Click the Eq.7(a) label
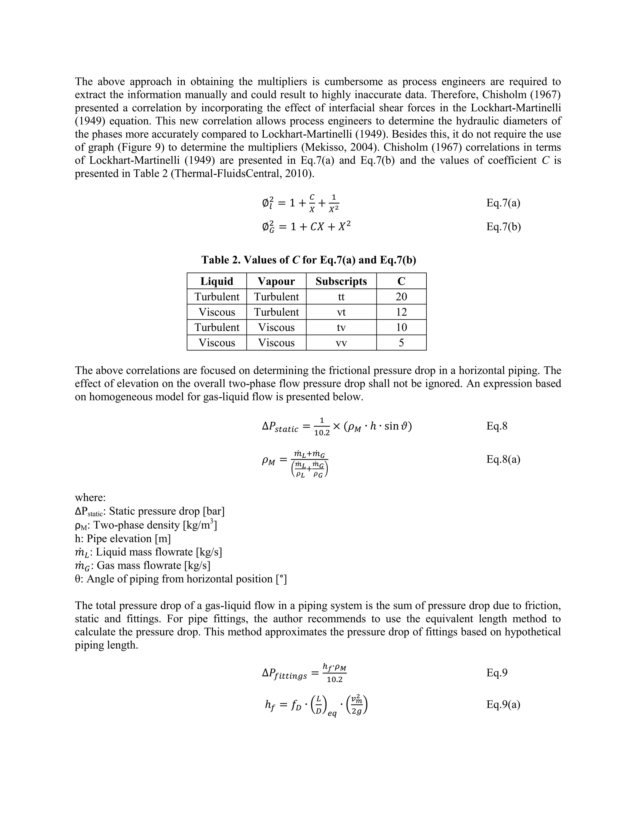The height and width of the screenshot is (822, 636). click(x=503, y=203)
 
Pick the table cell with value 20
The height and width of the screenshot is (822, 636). click(x=401, y=297)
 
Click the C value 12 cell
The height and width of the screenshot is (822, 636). click(x=401, y=312)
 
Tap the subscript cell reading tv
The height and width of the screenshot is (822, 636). click(x=341, y=328)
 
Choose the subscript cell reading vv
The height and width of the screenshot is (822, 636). click(x=341, y=343)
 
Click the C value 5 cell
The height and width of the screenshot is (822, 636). click(x=401, y=343)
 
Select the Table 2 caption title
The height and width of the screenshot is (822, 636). click(x=309, y=260)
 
